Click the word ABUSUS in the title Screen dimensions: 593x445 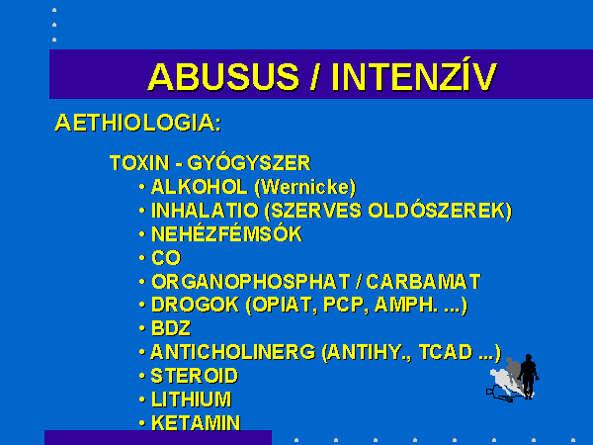click(223, 77)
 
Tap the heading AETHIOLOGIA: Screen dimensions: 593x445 click(138, 123)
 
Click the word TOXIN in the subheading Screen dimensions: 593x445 click(139, 163)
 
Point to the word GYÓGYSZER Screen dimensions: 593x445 click(249, 162)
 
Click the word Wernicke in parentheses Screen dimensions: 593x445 click(305, 187)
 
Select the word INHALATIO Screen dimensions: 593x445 click(205, 211)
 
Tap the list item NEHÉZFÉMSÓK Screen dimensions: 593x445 click(226, 233)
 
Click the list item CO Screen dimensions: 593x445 click(166, 258)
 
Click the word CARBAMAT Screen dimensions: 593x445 click(423, 282)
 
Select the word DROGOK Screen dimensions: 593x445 click(195, 305)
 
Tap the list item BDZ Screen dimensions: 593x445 click(171, 328)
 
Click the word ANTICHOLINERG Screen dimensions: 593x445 click(233, 352)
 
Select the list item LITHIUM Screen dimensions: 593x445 click(192, 400)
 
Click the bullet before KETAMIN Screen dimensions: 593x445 click(141, 423)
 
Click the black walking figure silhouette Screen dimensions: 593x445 click(529, 376)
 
